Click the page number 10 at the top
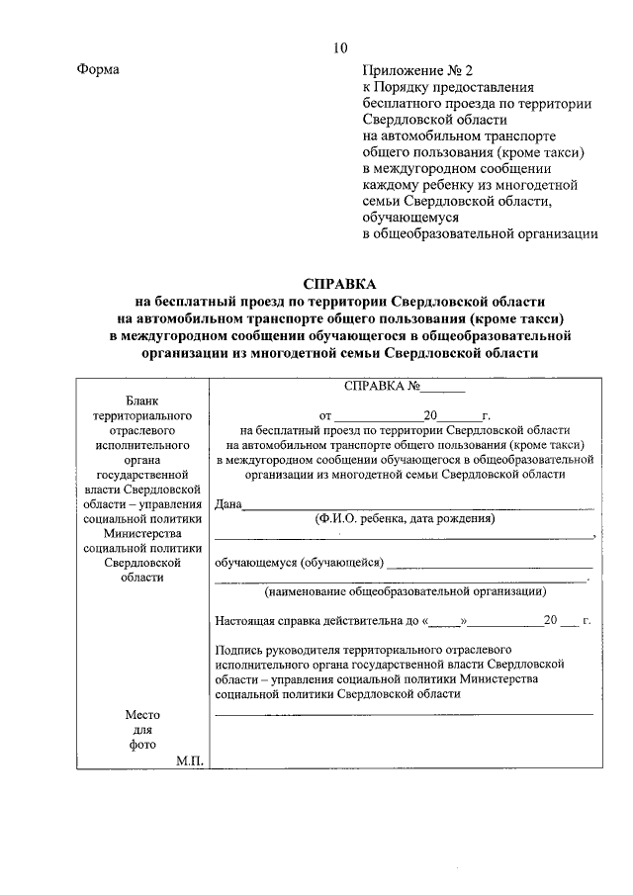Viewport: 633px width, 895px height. click(x=339, y=46)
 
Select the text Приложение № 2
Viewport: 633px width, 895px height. click(x=417, y=70)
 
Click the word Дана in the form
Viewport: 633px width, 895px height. click(x=228, y=503)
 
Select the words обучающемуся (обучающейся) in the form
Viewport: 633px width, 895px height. click(x=298, y=564)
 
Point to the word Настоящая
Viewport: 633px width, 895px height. click(x=244, y=621)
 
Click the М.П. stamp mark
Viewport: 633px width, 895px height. click(x=189, y=760)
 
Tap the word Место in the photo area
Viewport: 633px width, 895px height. click(x=142, y=715)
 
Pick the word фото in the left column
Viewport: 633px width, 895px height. click(x=142, y=746)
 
